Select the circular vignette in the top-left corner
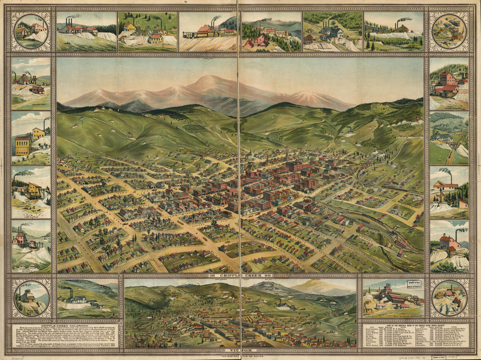(x=31, y=31)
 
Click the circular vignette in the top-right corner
(x=449, y=31)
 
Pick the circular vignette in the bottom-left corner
(x=31, y=298)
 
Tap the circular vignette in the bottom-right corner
(x=449, y=298)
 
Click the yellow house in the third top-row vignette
(x=129, y=27)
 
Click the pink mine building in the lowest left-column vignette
(x=20, y=239)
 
